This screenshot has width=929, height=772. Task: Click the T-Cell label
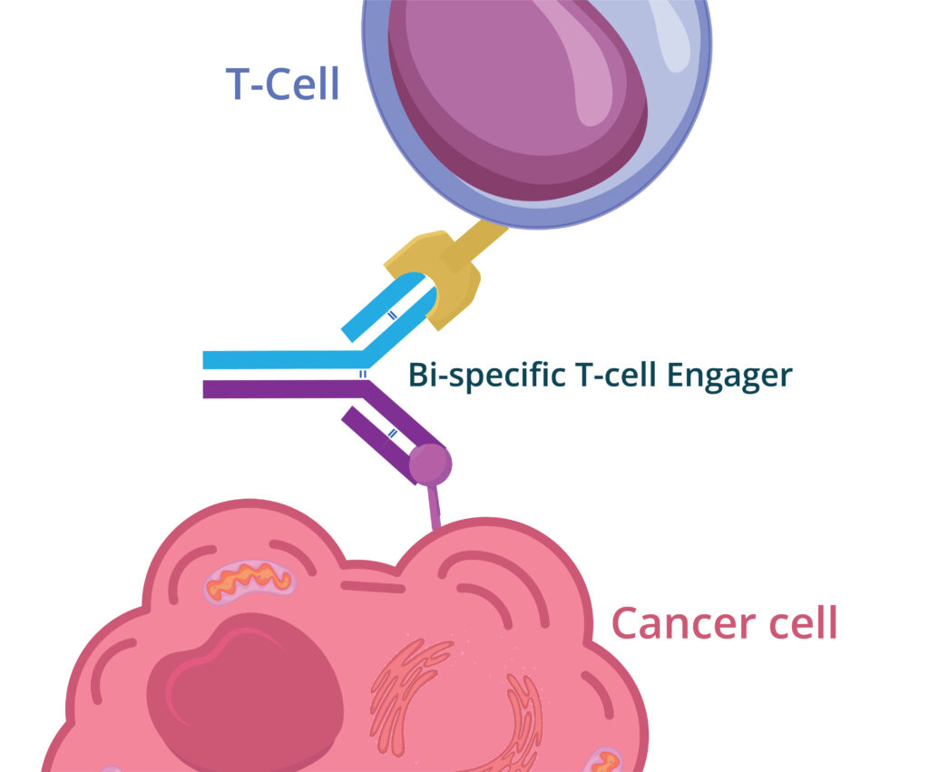[x=283, y=83]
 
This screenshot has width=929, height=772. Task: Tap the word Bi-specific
[x=486, y=376]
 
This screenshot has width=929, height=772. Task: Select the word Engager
[x=729, y=376]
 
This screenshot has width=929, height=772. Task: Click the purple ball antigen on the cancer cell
[x=431, y=464]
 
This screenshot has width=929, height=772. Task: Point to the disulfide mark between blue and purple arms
[x=363, y=375]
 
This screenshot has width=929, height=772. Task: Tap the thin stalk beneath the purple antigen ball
[x=435, y=506]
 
